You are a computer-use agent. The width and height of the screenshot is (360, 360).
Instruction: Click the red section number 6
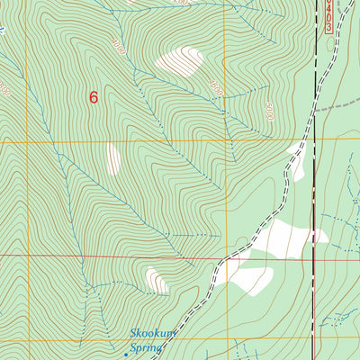click(94, 97)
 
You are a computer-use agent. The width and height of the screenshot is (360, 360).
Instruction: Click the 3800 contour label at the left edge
click(5, 90)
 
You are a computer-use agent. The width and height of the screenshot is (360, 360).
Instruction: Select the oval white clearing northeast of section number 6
click(179, 60)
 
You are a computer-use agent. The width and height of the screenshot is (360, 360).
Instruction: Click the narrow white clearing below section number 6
click(113, 159)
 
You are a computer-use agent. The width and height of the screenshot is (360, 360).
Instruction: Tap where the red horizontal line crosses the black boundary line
click(314, 261)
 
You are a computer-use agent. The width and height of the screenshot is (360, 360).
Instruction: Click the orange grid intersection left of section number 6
click(25, 141)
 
